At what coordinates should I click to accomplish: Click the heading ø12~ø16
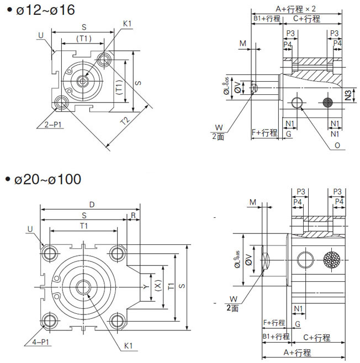tap(46, 10)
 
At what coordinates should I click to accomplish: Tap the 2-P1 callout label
tap(53, 124)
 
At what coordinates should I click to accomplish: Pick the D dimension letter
tap(92, 205)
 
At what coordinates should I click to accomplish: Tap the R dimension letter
tap(133, 215)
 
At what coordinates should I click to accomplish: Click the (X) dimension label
tap(157, 287)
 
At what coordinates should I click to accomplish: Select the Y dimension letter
tap(143, 287)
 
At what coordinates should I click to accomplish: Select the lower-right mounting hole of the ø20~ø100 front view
tap(117, 321)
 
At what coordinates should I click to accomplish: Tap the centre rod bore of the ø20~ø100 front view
tap(84, 287)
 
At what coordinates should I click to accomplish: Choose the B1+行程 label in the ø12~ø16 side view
tap(267, 18)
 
